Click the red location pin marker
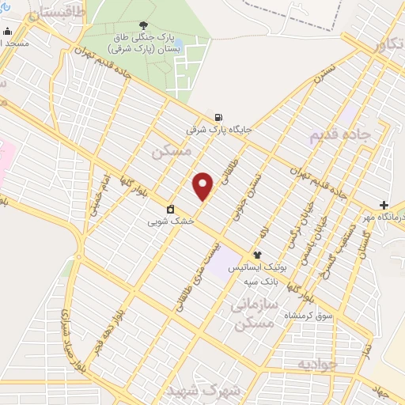coord(203,186)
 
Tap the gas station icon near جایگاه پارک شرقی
coord(218,115)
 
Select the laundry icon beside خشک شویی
coord(170,210)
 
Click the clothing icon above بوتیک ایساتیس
coord(257,255)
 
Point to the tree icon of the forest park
coord(143,25)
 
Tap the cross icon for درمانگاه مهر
coord(384,204)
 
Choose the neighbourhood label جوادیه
coord(317,364)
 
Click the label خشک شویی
coord(170,222)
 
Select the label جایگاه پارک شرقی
coord(218,127)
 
